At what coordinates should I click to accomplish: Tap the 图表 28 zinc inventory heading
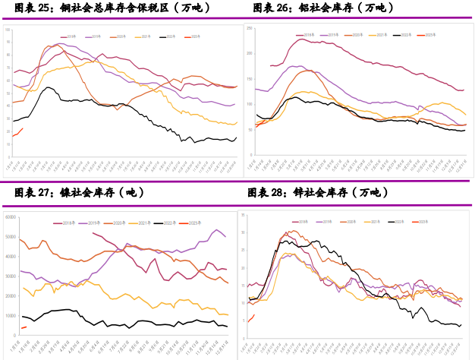pyautogui.click(x=319, y=193)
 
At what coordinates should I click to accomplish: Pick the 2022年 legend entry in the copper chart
pyautogui.click(x=167, y=36)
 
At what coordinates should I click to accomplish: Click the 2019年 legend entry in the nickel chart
pyautogui.click(x=95, y=223)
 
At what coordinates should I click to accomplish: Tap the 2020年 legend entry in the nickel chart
pyautogui.click(x=120, y=223)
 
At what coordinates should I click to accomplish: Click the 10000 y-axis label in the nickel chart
pyautogui.click(x=11, y=315)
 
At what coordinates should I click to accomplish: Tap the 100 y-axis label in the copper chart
pyautogui.click(x=8, y=30)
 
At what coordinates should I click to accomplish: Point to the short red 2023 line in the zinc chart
pyautogui.click(x=251, y=317)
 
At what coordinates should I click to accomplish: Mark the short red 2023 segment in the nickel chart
pyautogui.click(x=24, y=327)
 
